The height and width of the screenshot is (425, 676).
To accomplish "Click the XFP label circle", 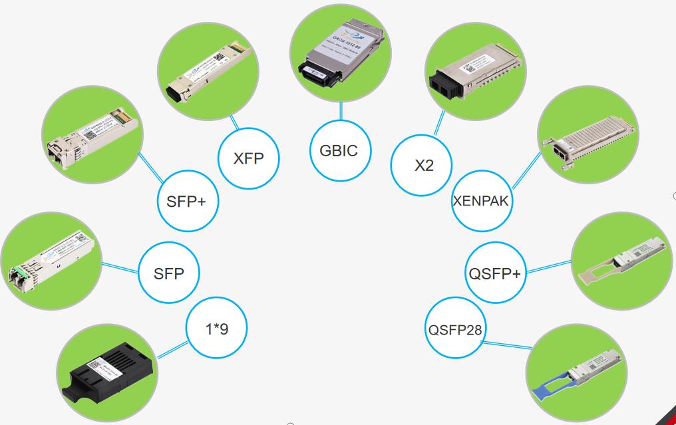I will (249, 158).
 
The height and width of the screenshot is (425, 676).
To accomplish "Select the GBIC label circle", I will (339, 150).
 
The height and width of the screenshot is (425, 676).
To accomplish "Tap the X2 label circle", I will (423, 165).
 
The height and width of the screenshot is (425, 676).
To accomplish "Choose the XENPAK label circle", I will (482, 201).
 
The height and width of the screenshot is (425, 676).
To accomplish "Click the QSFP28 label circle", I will (455, 329).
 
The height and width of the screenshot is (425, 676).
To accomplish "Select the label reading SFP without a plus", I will (168, 273).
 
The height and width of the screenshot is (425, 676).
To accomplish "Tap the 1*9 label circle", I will (217, 327).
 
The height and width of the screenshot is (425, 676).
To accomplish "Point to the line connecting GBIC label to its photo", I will (341, 112).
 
